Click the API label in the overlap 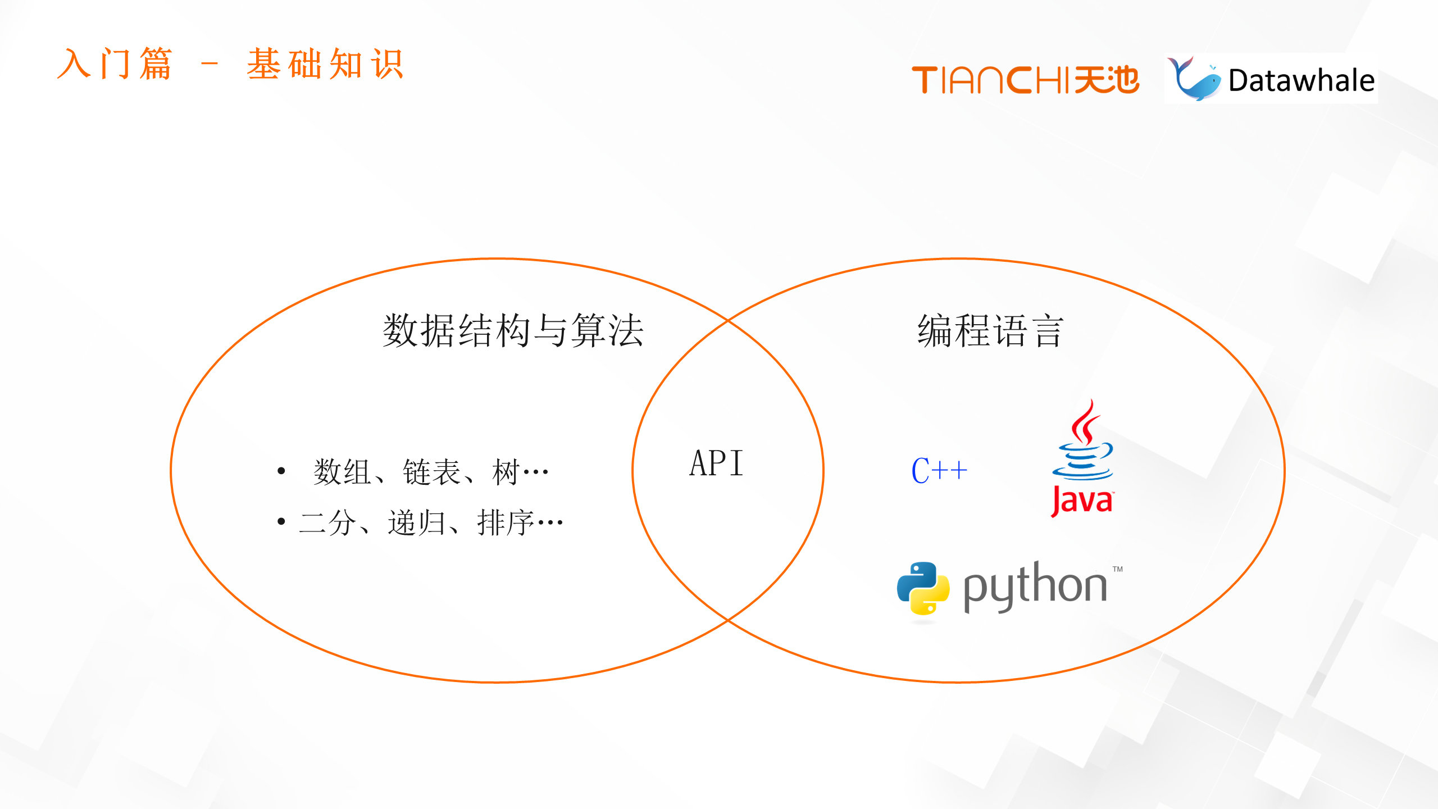point(716,463)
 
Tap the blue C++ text point(939,470)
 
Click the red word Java point(1082,501)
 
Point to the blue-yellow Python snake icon point(923,588)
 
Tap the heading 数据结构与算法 point(512,330)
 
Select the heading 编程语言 point(990,330)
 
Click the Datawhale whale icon point(1194,79)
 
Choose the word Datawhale point(1301,80)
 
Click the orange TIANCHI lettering point(991,80)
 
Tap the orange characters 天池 point(1107,80)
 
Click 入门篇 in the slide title point(115,64)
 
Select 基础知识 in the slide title point(325,64)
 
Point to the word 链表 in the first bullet point(431,471)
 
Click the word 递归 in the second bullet point(416,523)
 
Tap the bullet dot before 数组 point(281,471)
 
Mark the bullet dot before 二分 point(281,522)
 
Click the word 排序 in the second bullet point(505,523)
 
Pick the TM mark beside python point(1117,569)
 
